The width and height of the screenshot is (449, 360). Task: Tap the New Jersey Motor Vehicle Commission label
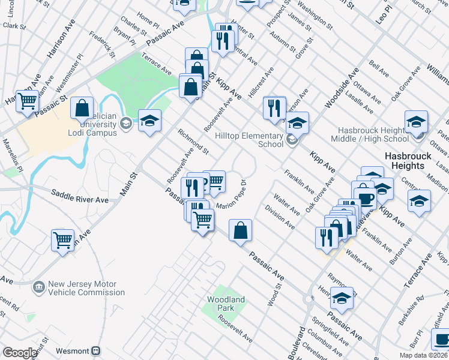click(x=78, y=289)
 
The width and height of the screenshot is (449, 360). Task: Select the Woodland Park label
click(x=226, y=303)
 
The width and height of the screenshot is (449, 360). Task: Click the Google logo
click(x=20, y=353)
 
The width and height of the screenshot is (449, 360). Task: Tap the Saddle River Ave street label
click(x=79, y=196)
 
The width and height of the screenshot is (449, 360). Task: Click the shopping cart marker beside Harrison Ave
click(x=27, y=102)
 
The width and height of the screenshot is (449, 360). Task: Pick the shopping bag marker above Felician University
click(x=82, y=109)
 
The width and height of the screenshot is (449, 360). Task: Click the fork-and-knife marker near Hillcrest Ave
click(x=273, y=108)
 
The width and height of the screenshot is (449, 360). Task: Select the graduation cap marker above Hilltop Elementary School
click(x=297, y=123)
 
